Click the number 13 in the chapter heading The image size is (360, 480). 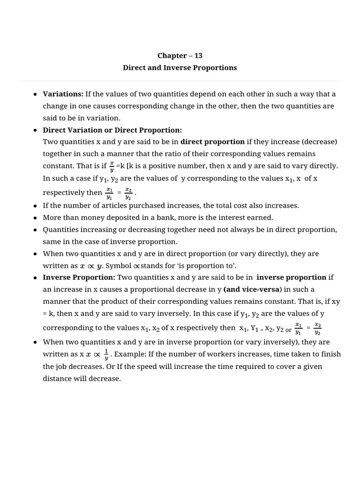197,55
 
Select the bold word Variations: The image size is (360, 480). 63,94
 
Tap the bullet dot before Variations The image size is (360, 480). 36,94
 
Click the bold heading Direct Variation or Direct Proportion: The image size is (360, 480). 112,130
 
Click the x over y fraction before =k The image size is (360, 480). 111,166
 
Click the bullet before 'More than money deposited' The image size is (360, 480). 36,218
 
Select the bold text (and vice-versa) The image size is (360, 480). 253,289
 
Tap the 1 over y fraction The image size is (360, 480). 106,355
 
